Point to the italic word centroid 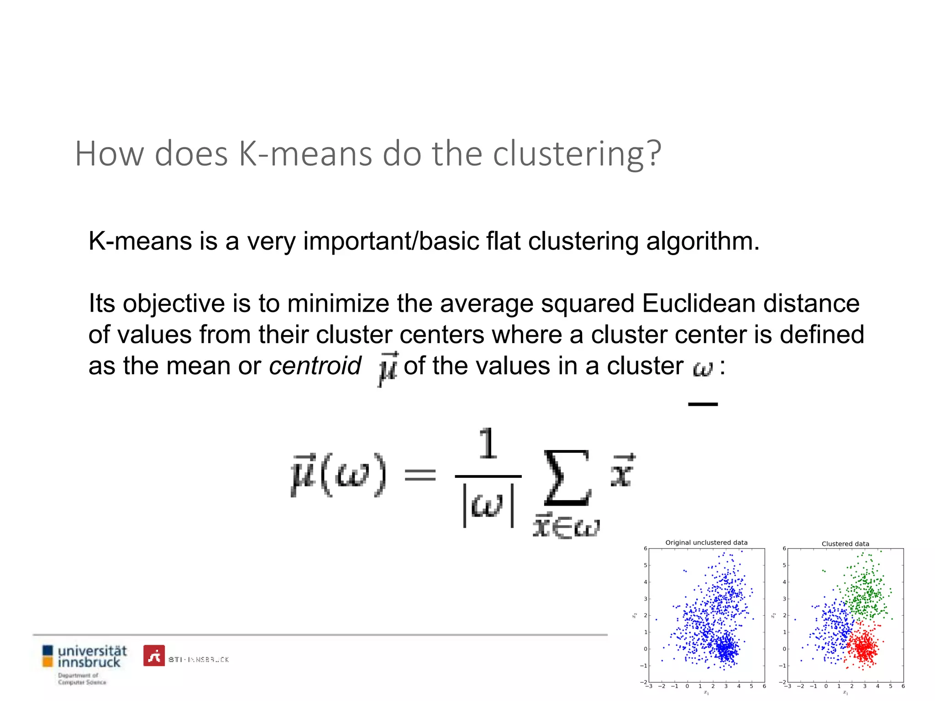[x=315, y=366]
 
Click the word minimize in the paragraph [x=337, y=303]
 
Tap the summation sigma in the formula [x=567, y=478]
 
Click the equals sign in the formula [x=420, y=476]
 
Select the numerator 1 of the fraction [x=488, y=444]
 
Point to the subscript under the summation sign [x=566, y=527]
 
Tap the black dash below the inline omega [x=703, y=404]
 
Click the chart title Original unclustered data [x=706, y=543]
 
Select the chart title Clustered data [x=845, y=544]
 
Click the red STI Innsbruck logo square [x=154, y=656]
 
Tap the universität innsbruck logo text [x=92, y=656]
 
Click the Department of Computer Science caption [x=82, y=679]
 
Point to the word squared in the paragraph [x=588, y=303]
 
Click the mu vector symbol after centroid [x=388, y=368]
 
